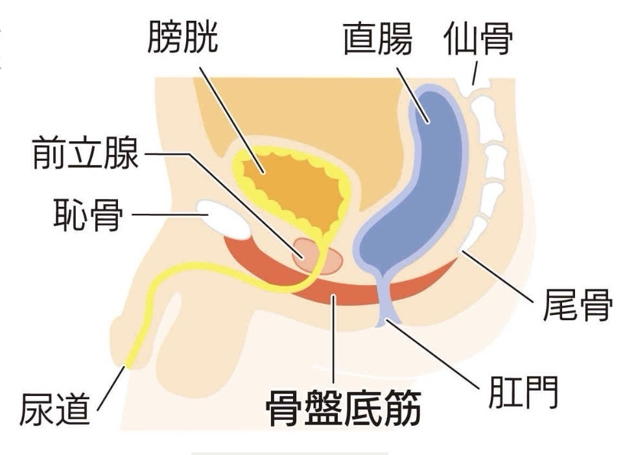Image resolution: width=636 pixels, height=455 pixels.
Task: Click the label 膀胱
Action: point(183,38)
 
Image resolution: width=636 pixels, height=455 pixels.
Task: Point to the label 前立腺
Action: point(86,154)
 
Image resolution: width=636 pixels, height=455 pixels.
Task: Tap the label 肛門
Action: point(523,391)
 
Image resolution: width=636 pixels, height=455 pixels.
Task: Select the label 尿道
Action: point(54,408)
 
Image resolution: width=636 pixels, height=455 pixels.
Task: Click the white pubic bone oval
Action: point(224,218)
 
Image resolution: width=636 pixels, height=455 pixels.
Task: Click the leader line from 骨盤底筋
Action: point(334,344)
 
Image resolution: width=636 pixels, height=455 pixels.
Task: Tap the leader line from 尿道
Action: point(111,388)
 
